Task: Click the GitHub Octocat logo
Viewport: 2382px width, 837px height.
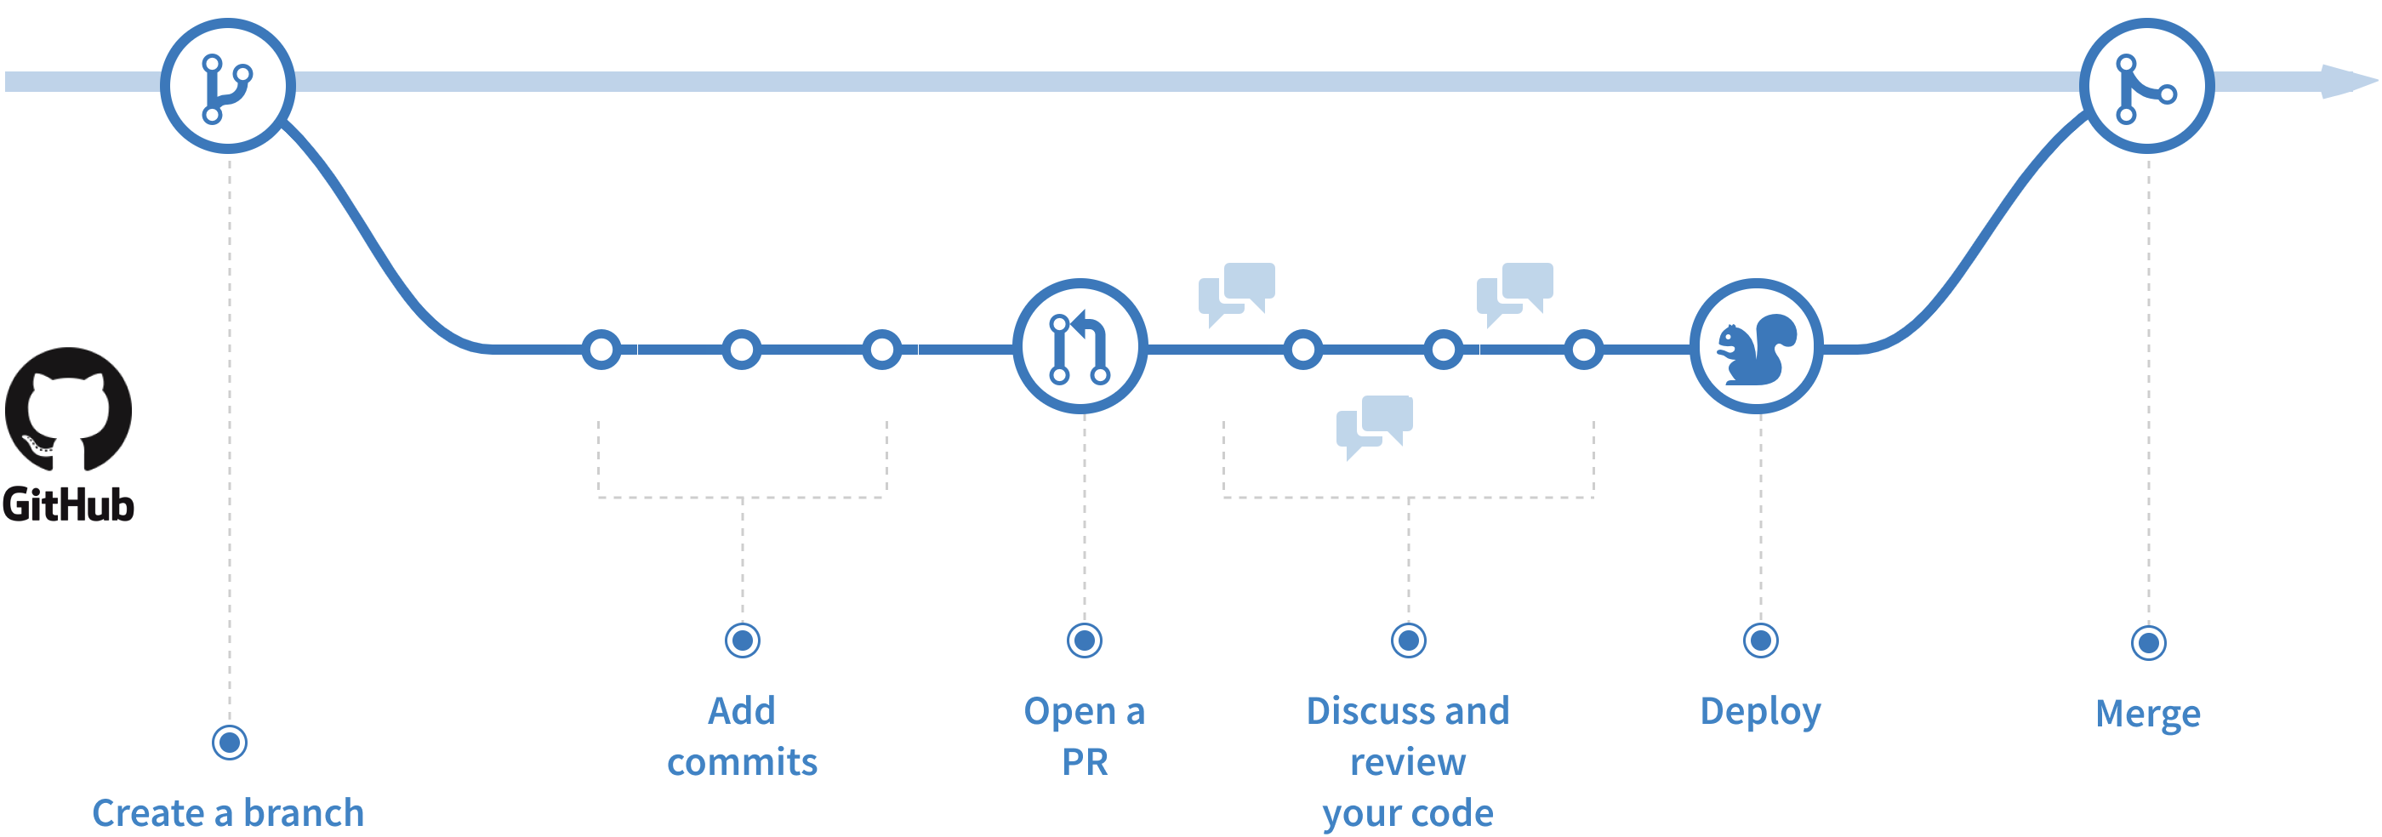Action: click(68, 410)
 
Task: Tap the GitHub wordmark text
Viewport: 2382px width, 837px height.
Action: click(68, 505)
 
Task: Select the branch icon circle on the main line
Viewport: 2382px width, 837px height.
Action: click(227, 86)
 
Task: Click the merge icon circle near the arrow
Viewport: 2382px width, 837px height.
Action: click(2146, 86)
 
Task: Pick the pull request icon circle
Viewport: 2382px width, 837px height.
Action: click(1080, 347)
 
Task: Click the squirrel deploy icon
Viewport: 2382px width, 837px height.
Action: click(1756, 347)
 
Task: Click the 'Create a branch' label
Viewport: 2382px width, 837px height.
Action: click(228, 812)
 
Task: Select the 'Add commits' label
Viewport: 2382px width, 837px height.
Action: click(742, 736)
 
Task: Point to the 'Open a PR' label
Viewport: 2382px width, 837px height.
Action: click(1085, 736)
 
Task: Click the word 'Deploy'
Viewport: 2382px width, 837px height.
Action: click(1759, 711)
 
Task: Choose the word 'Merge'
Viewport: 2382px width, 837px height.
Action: click(2147, 713)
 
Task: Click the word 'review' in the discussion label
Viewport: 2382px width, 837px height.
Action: click(1407, 762)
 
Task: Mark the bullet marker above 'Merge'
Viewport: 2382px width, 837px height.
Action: click(2148, 643)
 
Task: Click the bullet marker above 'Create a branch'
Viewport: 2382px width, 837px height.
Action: click(230, 742)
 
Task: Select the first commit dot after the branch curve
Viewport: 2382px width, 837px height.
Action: click(602, 350)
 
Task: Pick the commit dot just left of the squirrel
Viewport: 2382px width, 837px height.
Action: click(1584, 350)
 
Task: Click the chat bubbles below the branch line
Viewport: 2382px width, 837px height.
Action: click(1374, 425)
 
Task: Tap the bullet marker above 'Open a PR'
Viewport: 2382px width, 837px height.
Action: click(1085, 640)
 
